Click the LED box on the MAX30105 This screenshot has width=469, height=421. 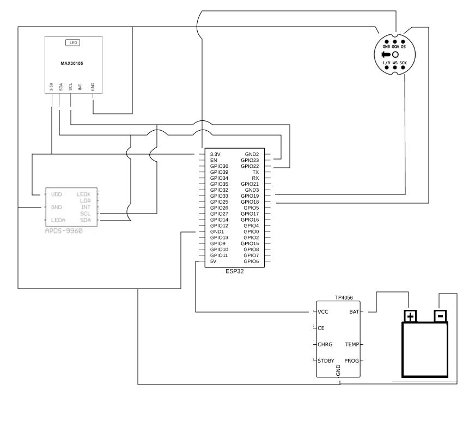(x=72, y=42)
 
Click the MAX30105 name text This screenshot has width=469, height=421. (x=72, y=63)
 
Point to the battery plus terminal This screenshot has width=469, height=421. (x=410, y=316)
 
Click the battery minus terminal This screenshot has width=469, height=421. (x=440, y=316)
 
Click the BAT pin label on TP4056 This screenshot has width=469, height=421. (x=354, y=313)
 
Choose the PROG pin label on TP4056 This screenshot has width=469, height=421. (x=351, y=361)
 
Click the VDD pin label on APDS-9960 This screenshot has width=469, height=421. (x=56, y=194)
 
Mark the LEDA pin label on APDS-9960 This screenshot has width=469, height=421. (x=58, y=220)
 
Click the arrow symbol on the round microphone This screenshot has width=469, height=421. (x=386, y=55)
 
